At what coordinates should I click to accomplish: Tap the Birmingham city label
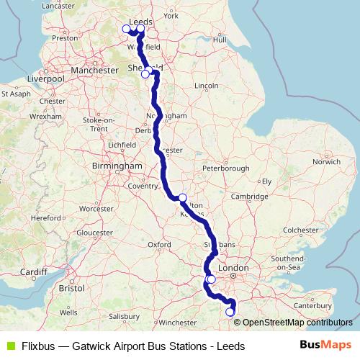(117, 166)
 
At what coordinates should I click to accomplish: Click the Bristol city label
(71, 287)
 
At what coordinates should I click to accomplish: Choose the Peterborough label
(225, 168)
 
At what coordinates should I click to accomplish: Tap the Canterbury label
(312, 305)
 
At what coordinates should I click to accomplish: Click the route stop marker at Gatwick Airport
(230, 312)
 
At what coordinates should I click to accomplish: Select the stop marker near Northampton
(183, 197)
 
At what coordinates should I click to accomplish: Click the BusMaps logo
(325, 346)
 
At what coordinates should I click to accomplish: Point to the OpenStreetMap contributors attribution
(297, 322)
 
